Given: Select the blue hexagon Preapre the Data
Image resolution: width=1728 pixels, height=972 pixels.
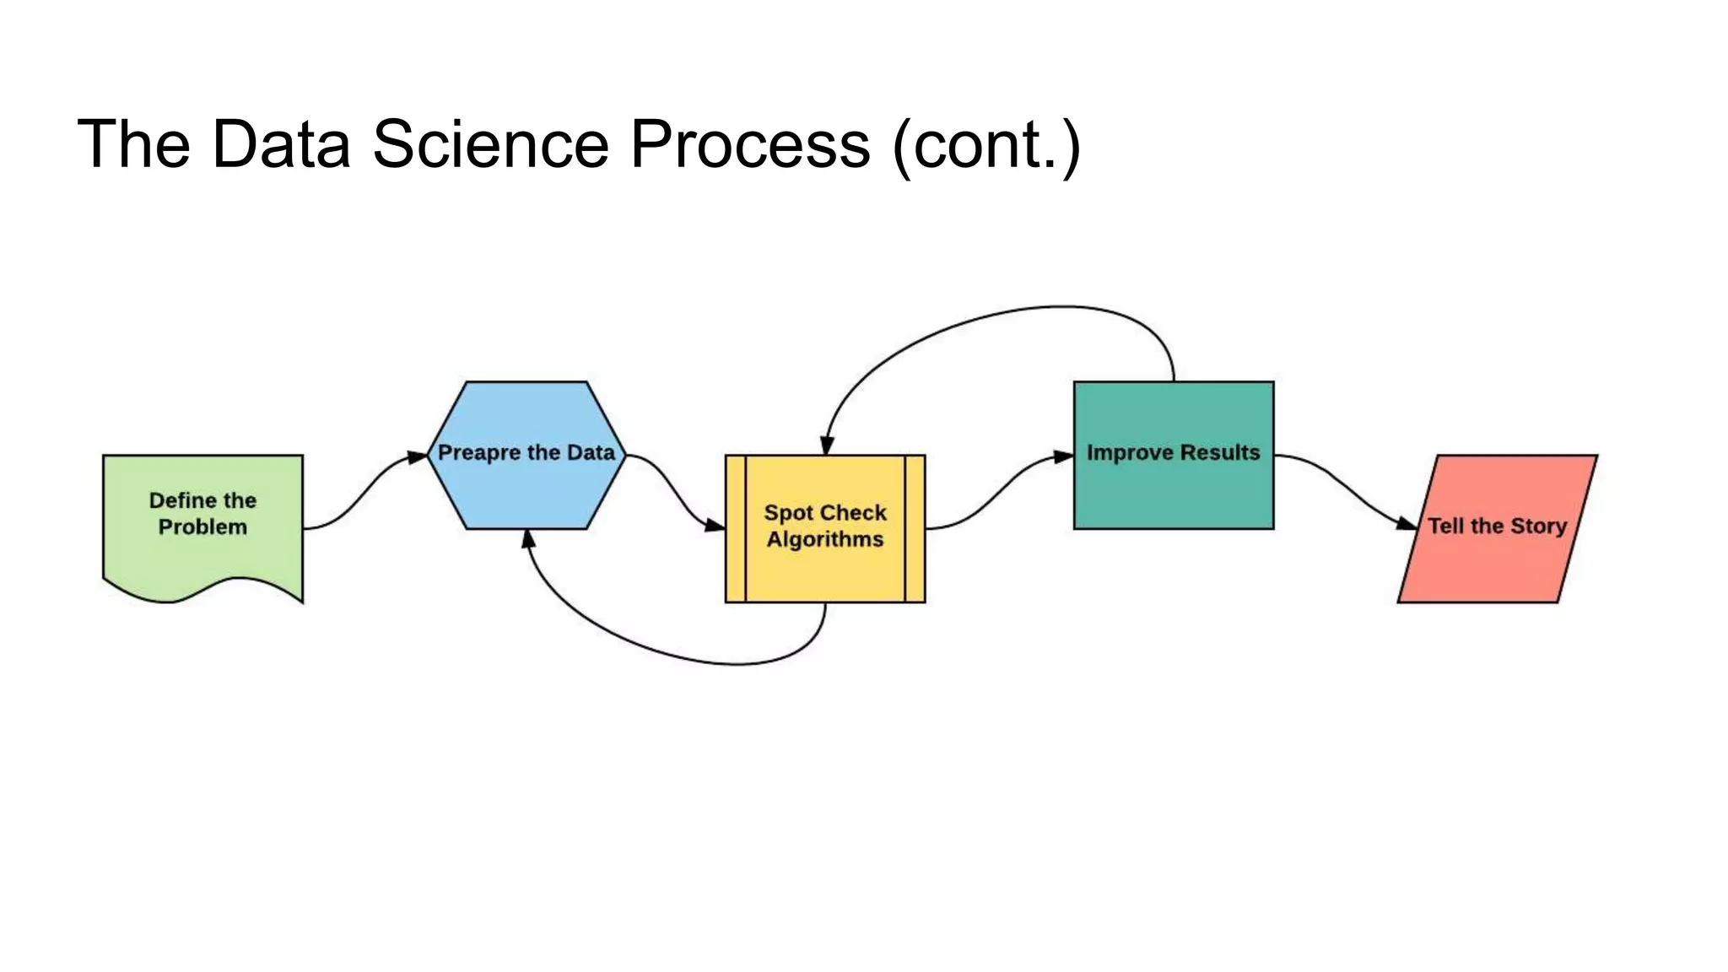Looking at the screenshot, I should tap(526, 489).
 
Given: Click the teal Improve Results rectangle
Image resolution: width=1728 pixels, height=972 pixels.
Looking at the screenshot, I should tap(1173, 494).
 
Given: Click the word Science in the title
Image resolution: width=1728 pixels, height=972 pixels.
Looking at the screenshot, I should tap(490, 144).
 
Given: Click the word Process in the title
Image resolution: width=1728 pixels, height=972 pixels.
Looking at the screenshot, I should tap(750, 144).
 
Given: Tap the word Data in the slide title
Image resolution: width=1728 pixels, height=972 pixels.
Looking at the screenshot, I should tap(281, 144).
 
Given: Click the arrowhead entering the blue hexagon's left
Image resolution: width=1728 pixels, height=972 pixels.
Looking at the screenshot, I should tap(418, 457).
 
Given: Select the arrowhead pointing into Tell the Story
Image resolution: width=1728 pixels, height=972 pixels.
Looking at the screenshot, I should tap(1407, 524).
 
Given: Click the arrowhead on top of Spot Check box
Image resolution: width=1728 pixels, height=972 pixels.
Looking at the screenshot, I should tap(827, 445).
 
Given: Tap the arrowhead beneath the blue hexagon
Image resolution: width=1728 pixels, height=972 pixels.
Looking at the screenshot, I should tap(528, 539).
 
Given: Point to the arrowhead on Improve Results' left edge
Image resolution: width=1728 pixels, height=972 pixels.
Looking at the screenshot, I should tap(1063, 456).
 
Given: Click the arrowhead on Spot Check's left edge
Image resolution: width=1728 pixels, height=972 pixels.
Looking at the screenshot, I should tap(715, 526).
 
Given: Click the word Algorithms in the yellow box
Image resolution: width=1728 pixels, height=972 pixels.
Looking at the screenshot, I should tap(824, 539).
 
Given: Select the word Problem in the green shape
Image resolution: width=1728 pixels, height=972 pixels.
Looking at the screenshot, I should tap(202, 527).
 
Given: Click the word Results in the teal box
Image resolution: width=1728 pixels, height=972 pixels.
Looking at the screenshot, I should tap(1220, 452).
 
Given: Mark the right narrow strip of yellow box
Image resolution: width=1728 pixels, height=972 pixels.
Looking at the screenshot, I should tap(915, 529).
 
